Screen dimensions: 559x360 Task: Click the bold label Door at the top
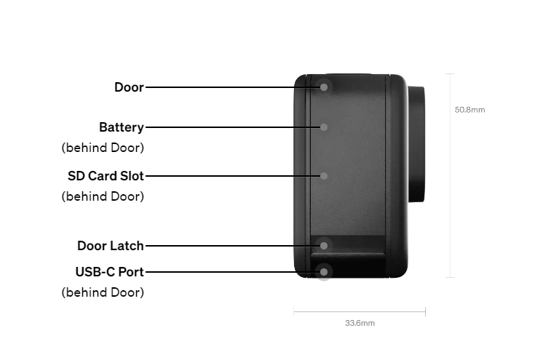click(x=129, y=87)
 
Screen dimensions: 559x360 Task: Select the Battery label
click(x=122, y=127)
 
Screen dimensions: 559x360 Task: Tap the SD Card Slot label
click(x=106, y=176)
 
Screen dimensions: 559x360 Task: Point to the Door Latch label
click(x=110, y=246)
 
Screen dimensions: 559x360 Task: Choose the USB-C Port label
click(x=109, y=272)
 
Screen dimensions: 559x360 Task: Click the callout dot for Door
click(x=324, y=87)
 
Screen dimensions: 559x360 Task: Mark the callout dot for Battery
click(x=324, y=127)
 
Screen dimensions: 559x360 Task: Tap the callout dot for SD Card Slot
click(x=324, y=176)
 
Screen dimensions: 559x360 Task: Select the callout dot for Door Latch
click(x=324, y=246)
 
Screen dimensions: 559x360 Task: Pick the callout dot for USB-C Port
click(x=324, y=272)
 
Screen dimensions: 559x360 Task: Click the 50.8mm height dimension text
click(x=469, y=110)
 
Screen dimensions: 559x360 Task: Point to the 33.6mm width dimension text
click(x=360, y=323)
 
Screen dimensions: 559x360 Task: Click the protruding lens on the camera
click(x=416, y=144)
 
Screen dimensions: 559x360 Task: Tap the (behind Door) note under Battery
click(x=103, y=148)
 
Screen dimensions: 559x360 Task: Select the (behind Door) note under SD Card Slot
click(x=103, y=196)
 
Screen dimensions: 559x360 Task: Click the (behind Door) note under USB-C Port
click(x=103, y=292)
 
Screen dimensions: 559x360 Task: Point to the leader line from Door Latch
click(x=232, y=246)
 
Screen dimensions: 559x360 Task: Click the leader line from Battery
click(x=232, y=127)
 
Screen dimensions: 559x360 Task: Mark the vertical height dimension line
click(x=450, y=175)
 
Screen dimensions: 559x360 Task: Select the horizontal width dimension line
click(x=360, y=312)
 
